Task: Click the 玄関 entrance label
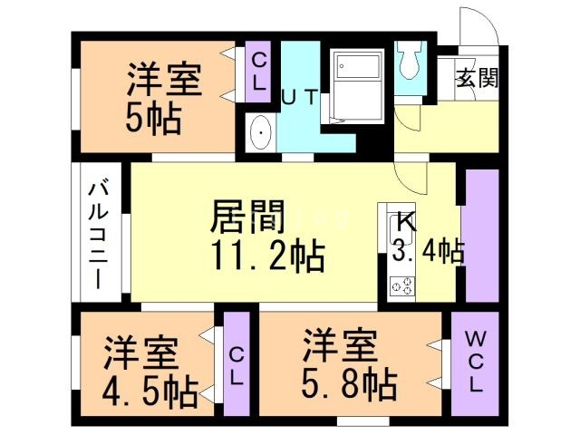pos(476,78)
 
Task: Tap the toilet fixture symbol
pos(409,60)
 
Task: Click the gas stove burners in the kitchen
pos(401,287)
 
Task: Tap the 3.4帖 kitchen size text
pos(428,251)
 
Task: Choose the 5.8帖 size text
pos(349,384)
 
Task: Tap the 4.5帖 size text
pos(150,391)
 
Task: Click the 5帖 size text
pos(152,118)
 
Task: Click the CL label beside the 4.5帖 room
pos(236,367)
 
